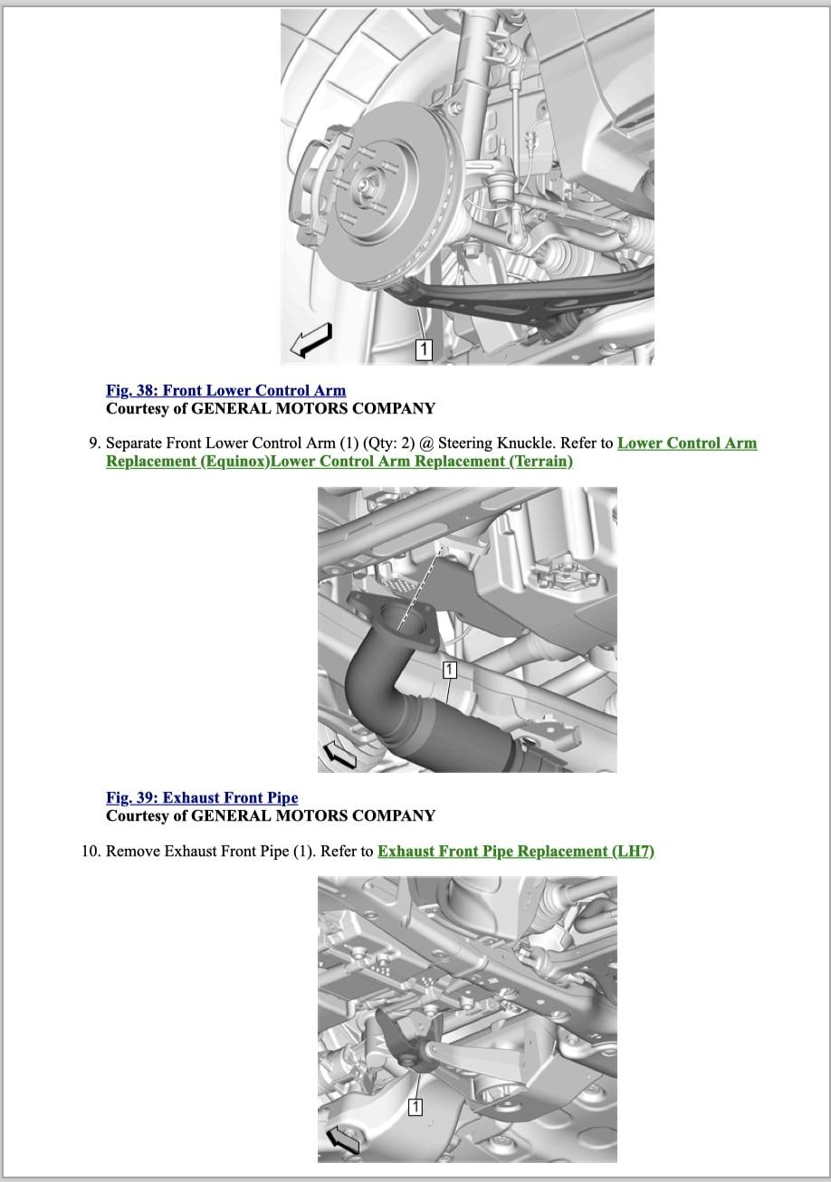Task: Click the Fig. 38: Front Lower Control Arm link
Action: [x=225, y=391]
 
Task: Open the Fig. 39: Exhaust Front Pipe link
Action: [x=202, y=798]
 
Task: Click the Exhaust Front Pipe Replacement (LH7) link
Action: [x=515, y=852]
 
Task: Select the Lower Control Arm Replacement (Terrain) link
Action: [x=422, y=462]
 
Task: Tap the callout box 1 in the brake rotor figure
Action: [x=424, y=348]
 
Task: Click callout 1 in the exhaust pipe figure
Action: [x=450, y=670]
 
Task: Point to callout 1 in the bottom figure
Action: [x=415, y=1106]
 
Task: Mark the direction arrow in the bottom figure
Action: [x=341, y=1140]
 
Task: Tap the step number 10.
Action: [x=90, y=852]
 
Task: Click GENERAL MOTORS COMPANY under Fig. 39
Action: [x=314, y=815]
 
